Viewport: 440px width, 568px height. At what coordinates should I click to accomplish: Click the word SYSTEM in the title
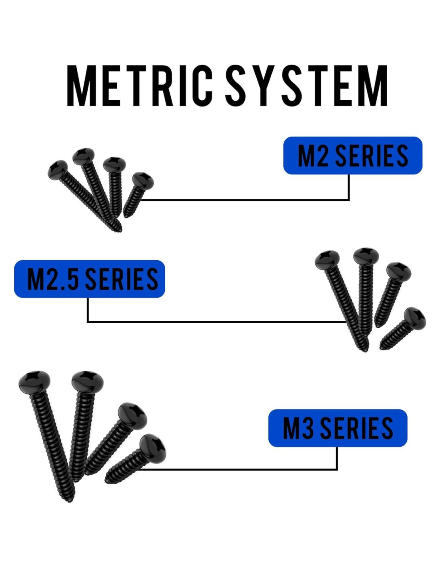click(x=306, y=85)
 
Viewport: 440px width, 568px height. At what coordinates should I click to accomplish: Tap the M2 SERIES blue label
click(x=352, y=155)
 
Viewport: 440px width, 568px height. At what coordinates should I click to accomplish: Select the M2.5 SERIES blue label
click(x=90, y=279)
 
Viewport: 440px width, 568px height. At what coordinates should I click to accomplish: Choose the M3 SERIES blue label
click(x=338, y=428)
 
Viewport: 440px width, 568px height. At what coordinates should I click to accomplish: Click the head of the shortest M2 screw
click(x=143, y=179)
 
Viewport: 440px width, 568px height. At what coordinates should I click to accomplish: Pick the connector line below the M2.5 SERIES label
click(x=216, y=321)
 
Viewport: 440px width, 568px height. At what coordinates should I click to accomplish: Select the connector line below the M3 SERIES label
click(x=240, y=469)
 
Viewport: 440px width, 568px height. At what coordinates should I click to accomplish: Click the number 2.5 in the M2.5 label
click(x=62, y=279)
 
